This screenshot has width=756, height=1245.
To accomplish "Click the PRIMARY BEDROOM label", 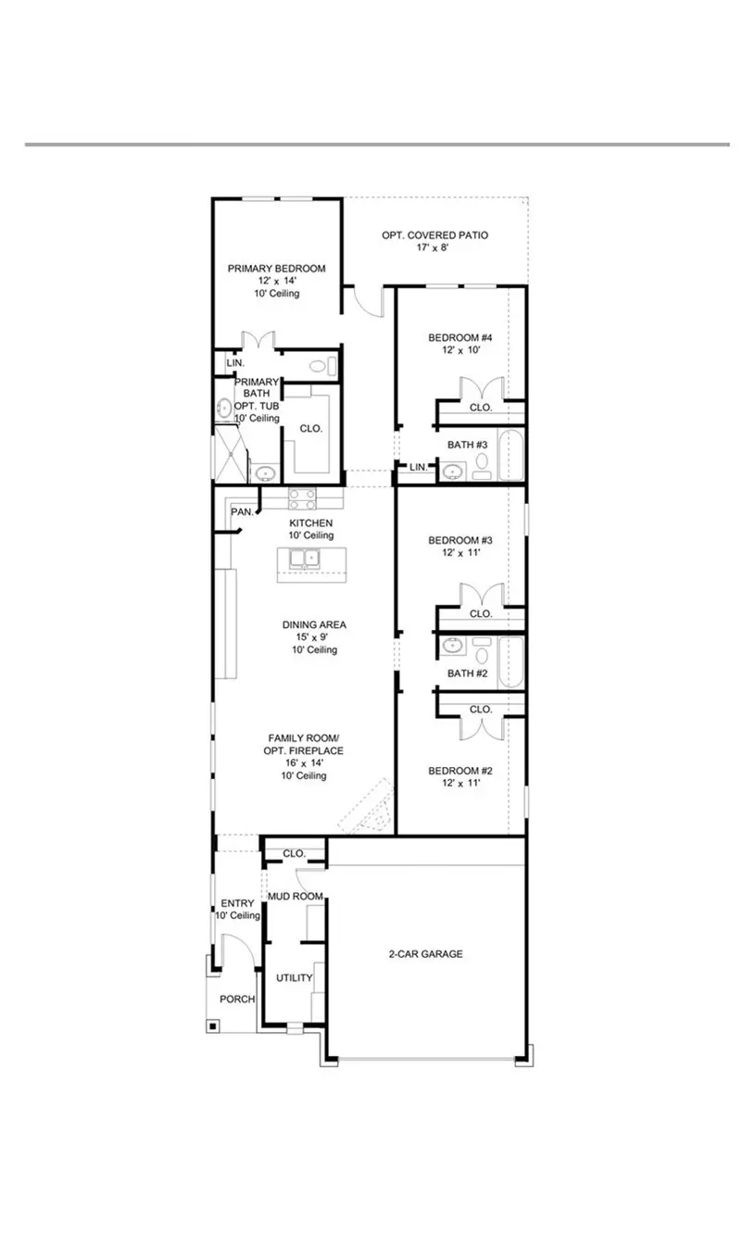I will pyautogui.click(x=276, y=269).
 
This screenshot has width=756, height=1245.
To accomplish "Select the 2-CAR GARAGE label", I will pyautogui.click(x=424, y=953).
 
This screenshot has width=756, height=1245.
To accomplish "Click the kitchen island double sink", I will pyautogui.click(x=303, y=560).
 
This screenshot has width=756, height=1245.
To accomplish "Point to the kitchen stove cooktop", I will pyautogui.click(x=303, y=498).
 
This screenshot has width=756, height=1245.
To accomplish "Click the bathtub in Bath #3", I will pyautogui.click(x=510, y=455).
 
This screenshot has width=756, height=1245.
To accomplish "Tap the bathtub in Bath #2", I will pyautogui.click(x=510, y=662).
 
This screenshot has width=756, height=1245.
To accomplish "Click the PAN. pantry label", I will pyautogui.click(x=242, y=511).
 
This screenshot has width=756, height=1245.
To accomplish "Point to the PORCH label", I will pyautogui.click(x=237, y=1000).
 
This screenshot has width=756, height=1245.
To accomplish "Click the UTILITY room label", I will pyautogui.click(x=294, y=977).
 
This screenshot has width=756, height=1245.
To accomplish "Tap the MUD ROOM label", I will pyautogui.click(x=295, y=897).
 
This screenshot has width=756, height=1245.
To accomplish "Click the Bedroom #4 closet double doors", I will pyautogui.click(x=480, y=388).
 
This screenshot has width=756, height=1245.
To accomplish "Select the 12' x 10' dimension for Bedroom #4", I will pyautogui.click(x=460, y=352).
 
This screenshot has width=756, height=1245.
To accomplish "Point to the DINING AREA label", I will pyautogui.click(x=314, y=624).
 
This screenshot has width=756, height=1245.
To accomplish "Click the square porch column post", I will pyautogui.click(x=213, y=1025).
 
